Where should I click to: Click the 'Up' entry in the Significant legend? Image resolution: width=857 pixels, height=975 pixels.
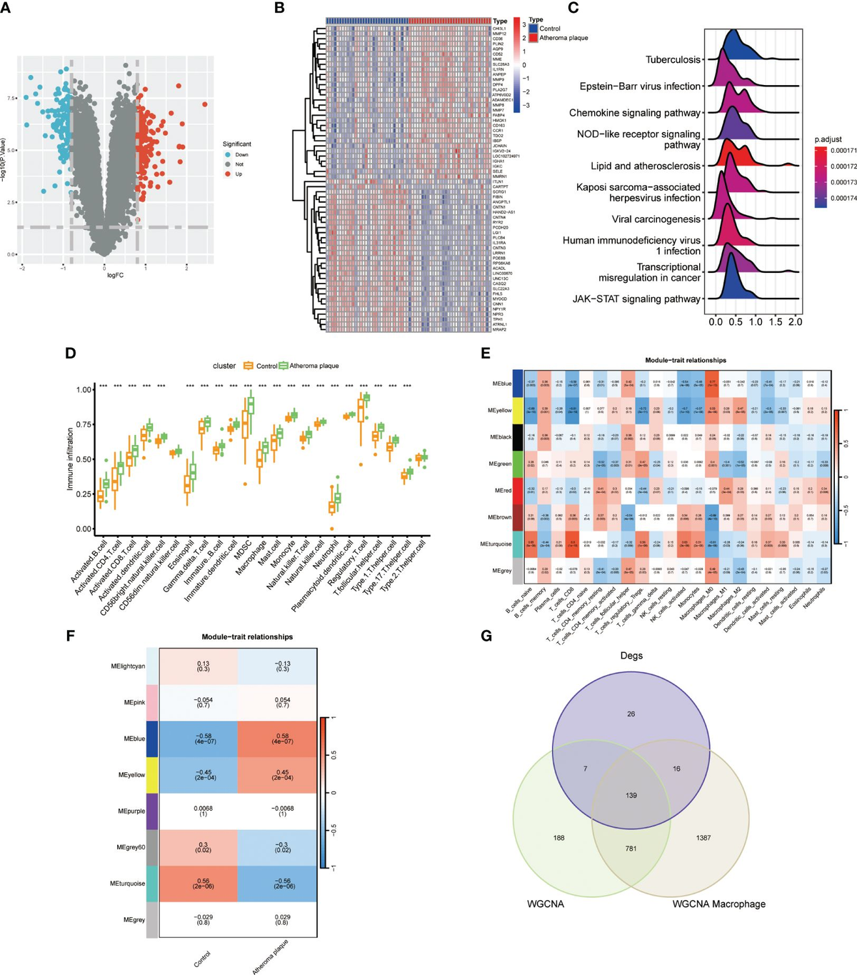pyautogui.click(x=237, y=174)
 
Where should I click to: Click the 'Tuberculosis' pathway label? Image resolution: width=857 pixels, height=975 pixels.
pyautogui.click(x=673, y=60)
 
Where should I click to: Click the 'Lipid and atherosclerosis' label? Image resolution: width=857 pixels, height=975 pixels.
pyautogui.click(x=645, y=166)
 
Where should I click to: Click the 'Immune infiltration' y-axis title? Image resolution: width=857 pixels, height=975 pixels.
pyautogui.click(x=71, y=459)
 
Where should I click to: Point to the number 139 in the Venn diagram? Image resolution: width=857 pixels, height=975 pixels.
pyautogui.click(x=631, y=795)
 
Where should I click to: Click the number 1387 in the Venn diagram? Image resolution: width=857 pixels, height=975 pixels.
pyautogui.click(x=703, y=837)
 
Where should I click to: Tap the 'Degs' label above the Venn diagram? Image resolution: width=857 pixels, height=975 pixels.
pyautogui.click(x=631, y=656)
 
